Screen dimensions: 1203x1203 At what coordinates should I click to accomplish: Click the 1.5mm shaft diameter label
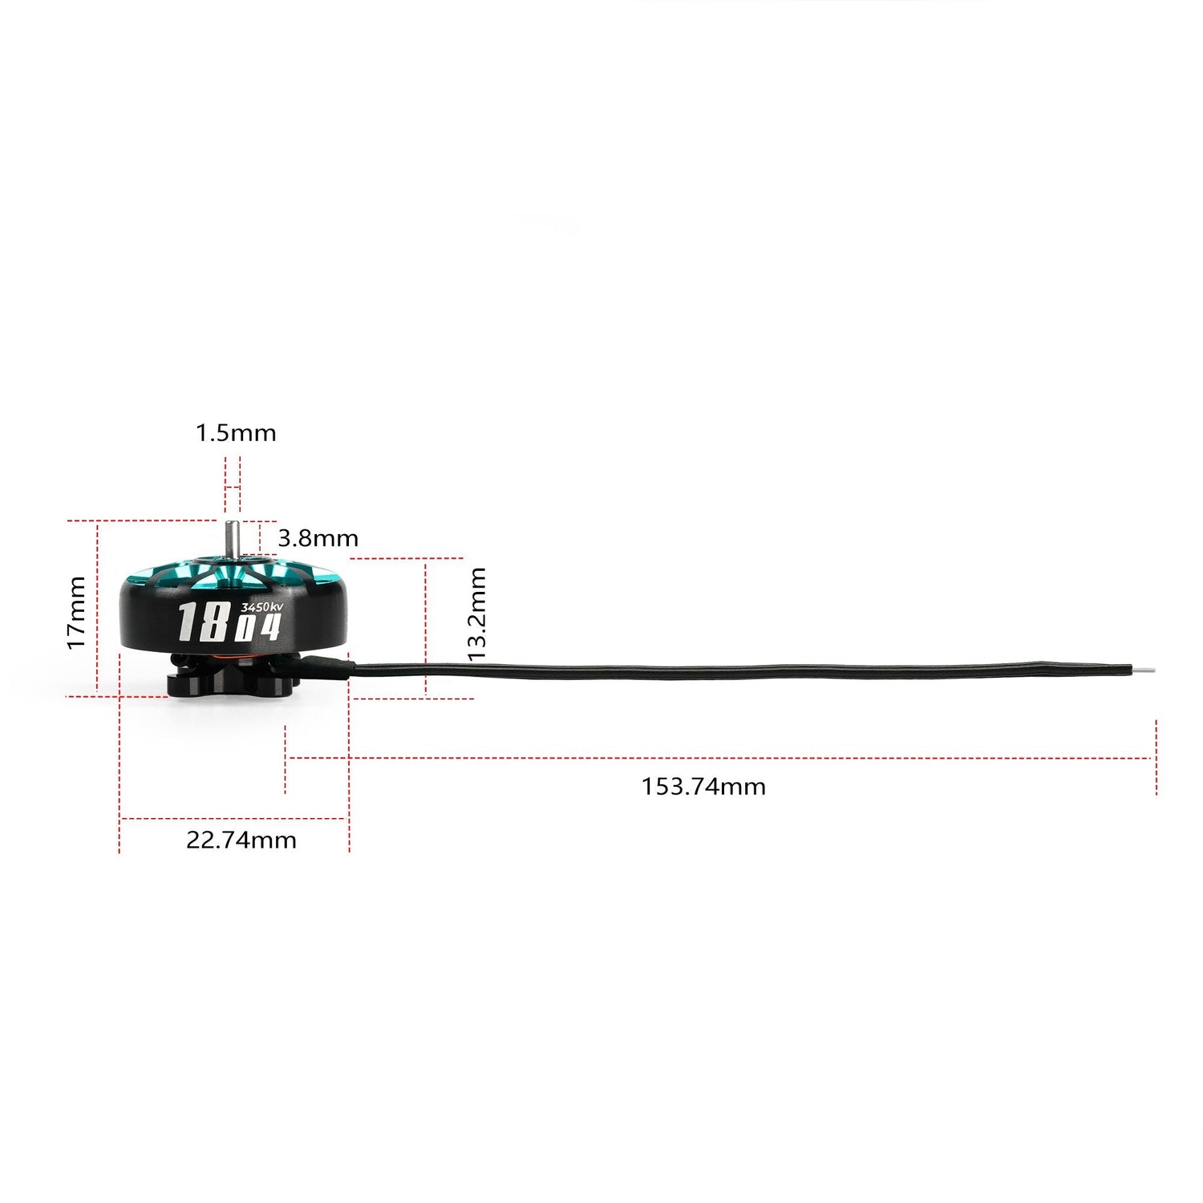point(236,433)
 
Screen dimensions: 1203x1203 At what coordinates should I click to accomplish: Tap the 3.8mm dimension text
point(318,538)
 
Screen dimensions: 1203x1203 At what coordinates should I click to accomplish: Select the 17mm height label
point(76,612)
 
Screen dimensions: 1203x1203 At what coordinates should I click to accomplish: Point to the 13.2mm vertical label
point(477,614)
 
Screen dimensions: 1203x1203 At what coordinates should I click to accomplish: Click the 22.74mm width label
point(241,840)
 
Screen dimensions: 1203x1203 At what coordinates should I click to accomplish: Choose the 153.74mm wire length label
point(703,786)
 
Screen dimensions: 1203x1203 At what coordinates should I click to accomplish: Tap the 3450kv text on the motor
point(261,607)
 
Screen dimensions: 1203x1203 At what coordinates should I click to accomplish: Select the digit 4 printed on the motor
point(270,626)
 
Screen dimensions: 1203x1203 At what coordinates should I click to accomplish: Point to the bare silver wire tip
point(1144,670)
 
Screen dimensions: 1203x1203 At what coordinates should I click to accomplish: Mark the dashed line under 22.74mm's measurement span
point(233,819)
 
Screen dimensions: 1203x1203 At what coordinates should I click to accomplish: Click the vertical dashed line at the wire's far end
point(1156,757)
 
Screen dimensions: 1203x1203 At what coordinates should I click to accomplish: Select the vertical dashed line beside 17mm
point(97,607)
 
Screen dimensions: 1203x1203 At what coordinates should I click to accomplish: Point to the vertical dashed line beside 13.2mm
point(426,626)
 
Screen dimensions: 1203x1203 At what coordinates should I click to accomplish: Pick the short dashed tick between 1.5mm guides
point(232,488)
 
